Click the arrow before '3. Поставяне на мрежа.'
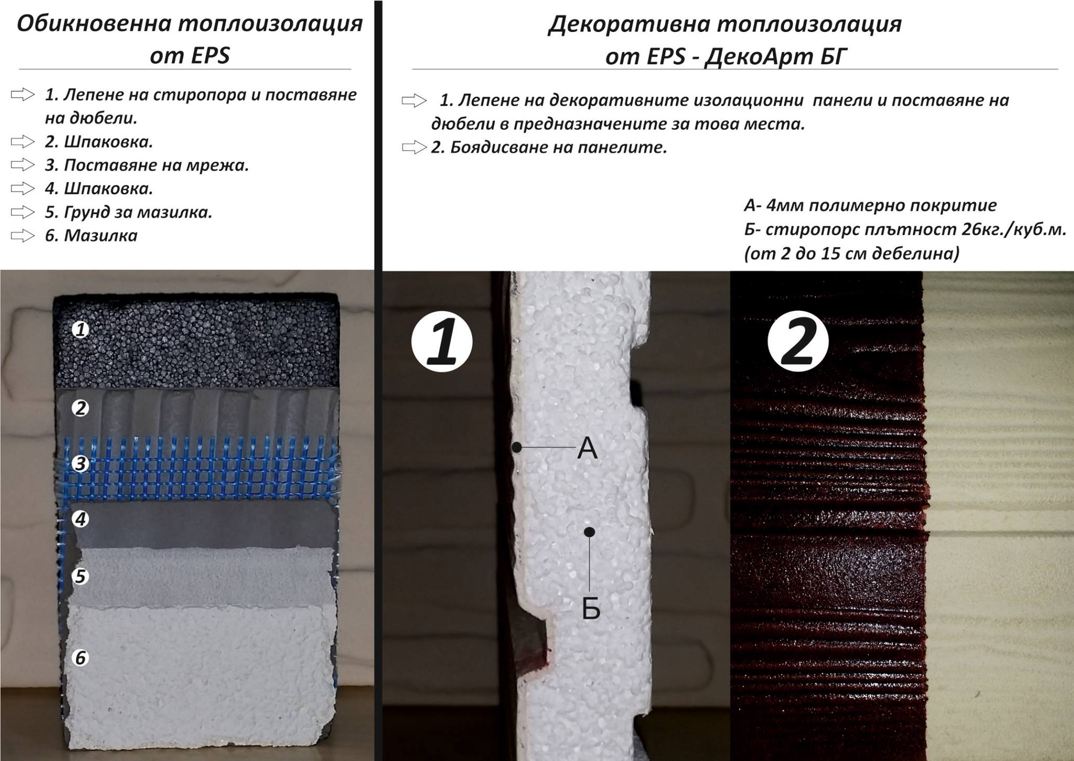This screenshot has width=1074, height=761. pos(23,165)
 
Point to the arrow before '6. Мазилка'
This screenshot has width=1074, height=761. pos(23,236)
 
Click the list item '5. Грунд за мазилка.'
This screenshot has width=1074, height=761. pos(128,212)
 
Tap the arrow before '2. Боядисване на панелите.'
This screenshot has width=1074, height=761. pos(414,147)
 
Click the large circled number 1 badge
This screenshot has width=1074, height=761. pos(442,343)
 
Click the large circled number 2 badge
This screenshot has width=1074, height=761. pos(798,343)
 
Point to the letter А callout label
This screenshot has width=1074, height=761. pos(587,449)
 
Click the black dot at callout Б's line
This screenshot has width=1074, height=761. pos(589,532)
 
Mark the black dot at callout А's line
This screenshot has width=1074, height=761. pos(517,447)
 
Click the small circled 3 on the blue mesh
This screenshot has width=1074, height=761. pos(80,464)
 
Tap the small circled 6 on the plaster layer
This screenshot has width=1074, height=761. pos(80,658)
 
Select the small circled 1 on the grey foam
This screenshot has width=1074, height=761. pos(80,330)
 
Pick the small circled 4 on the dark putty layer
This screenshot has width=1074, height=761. pos(80,519)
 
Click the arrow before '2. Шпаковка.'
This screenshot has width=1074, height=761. pos(23,141)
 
